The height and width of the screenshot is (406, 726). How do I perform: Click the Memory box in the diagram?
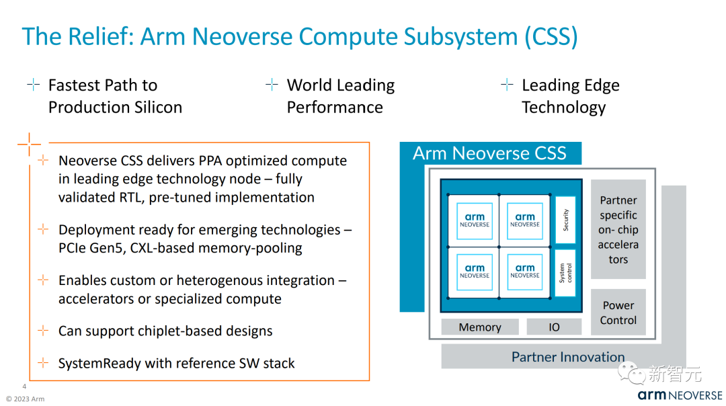480,327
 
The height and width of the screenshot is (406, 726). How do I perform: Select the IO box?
554,327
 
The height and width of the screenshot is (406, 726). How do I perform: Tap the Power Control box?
618,312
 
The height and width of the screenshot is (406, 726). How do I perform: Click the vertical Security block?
565,220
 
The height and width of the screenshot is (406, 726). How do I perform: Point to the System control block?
565,273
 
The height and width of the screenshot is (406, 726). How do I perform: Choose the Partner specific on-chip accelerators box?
618,229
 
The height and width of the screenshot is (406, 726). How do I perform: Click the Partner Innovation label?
567,357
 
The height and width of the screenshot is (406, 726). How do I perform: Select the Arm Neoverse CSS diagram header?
490,153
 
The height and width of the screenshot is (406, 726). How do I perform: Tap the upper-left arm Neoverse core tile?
475,220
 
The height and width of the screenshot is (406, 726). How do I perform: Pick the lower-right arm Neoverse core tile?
525,272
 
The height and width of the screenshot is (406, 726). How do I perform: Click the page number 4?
25,386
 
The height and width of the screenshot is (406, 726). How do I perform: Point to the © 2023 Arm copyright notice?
25,399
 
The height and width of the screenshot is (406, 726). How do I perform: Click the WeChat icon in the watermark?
631,372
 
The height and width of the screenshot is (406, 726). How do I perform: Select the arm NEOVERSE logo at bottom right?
680,395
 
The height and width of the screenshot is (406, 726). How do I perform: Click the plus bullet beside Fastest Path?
34,85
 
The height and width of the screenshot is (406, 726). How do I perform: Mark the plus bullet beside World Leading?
272,85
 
